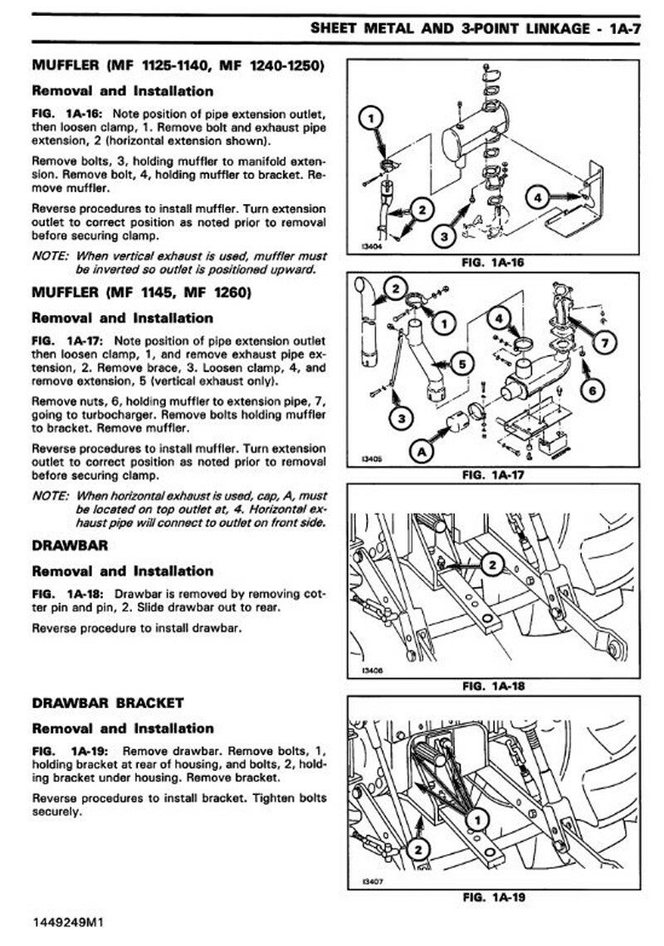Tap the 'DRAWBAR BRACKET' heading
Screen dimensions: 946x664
pyautogui.click(x=108, y=703)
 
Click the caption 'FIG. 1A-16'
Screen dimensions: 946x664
pyautogui.click(x=500, y=263)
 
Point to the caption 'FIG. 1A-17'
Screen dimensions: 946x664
pyautogui.click(x=500, y=476)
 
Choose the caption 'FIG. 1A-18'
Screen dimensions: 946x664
pyautogui.click(x=500, y=686)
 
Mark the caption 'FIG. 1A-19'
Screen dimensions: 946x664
pyautogui.click(x=500, y=896)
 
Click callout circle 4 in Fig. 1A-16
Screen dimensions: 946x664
pyautogui.click(x=538, y=198)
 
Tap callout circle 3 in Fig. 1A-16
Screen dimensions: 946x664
pyautogui.click(x=445, y=236)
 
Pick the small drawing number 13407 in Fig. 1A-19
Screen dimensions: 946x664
pyautogui.click(x=372, y=881)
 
